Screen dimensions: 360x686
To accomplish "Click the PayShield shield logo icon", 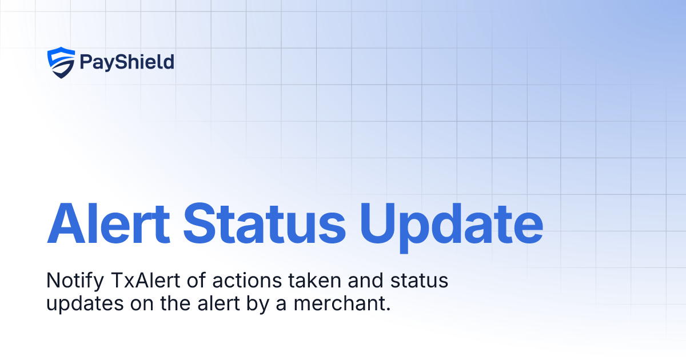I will click(61, 62).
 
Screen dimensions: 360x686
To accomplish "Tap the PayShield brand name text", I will click(127, 62).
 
